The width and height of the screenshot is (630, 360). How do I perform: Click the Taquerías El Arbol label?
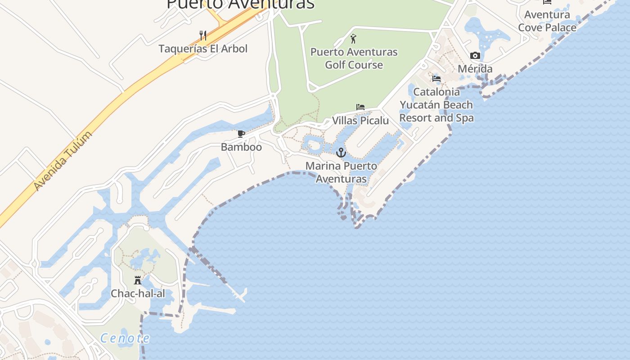click(203, 49)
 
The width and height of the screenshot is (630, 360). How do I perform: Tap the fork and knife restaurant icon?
click(203, 36)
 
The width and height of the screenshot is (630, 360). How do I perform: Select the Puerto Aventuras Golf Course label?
click(354, 58)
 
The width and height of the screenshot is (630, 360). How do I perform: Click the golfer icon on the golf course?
click(354, 39)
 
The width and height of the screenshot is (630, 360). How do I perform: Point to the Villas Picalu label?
click(360, 121)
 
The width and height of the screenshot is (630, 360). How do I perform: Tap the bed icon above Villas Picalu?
click(360, 107)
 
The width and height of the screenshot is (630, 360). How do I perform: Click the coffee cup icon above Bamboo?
click(241, 134)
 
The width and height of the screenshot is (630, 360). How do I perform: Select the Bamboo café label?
click(241, 147)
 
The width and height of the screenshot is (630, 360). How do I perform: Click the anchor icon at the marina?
click(341, 153)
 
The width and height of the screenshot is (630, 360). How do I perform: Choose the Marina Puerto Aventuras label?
click(341, 172)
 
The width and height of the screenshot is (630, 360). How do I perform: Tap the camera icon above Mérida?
click(475, 56)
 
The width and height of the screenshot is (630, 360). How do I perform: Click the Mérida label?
click(475, 69)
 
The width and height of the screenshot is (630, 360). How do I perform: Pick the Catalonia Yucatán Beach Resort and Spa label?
click(436, 105)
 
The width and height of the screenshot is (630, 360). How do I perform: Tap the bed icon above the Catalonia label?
click(436, 79)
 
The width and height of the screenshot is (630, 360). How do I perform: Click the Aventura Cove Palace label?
click(547, 21)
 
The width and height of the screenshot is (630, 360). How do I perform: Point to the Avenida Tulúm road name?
click(63, 161)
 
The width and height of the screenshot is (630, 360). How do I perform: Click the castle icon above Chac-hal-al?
click(138, 280)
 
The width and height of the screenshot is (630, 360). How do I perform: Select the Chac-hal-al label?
click(138, 294)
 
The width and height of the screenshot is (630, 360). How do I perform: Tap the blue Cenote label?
click(125, 338)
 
